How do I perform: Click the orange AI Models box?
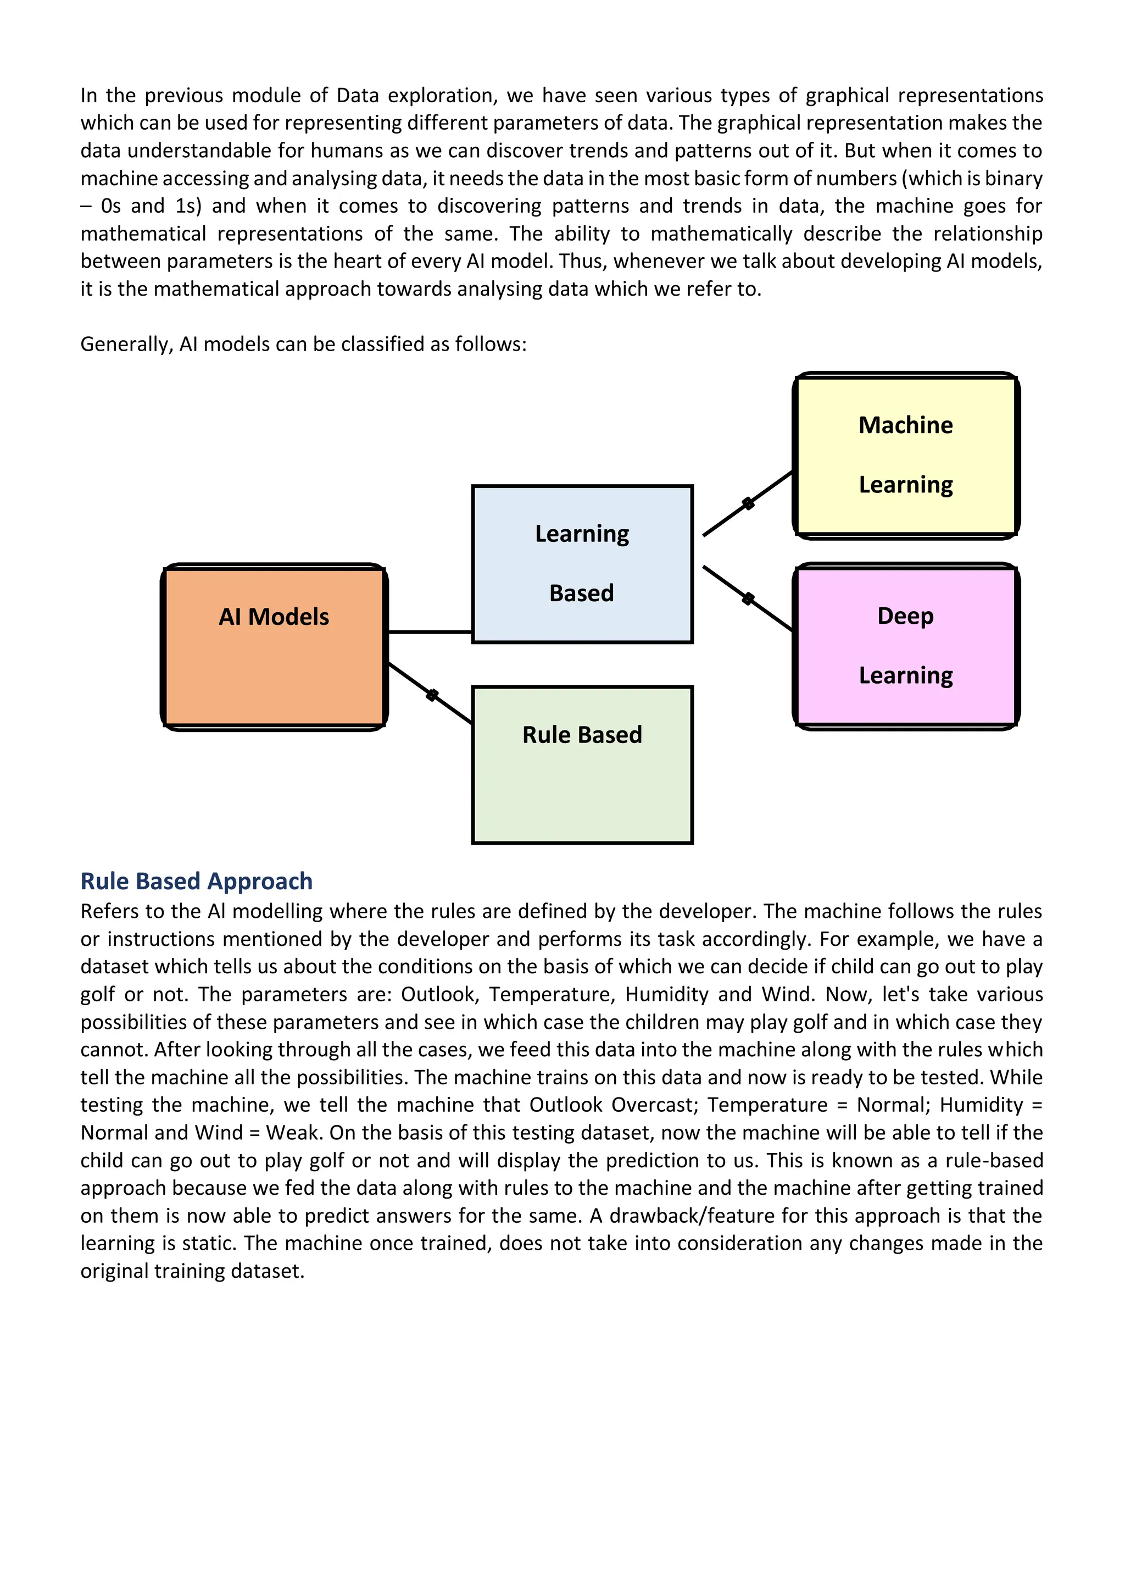(x=274, y=646)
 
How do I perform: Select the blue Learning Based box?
(x=582, y=564)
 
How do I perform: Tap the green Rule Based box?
(x=582, y=765)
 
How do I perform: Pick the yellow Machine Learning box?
(x=905, y=455)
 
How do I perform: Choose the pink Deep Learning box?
(x=905, y=646)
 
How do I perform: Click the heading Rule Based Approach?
(x=196, y=881)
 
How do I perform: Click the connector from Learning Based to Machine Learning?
(x=748, y=504)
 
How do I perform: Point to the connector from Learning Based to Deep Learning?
(x=748, y=598)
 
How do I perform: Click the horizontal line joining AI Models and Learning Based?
(x=430, y=632)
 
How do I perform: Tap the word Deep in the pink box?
(x=905, y=616)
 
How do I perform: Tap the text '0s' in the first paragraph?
(x=111, y=206)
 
